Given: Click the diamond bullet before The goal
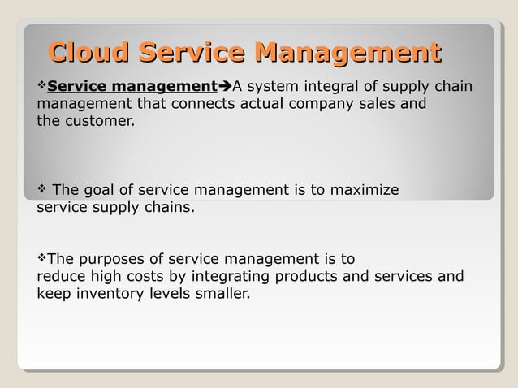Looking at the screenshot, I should coord(42,190).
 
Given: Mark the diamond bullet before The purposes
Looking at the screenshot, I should coord(42,259).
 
